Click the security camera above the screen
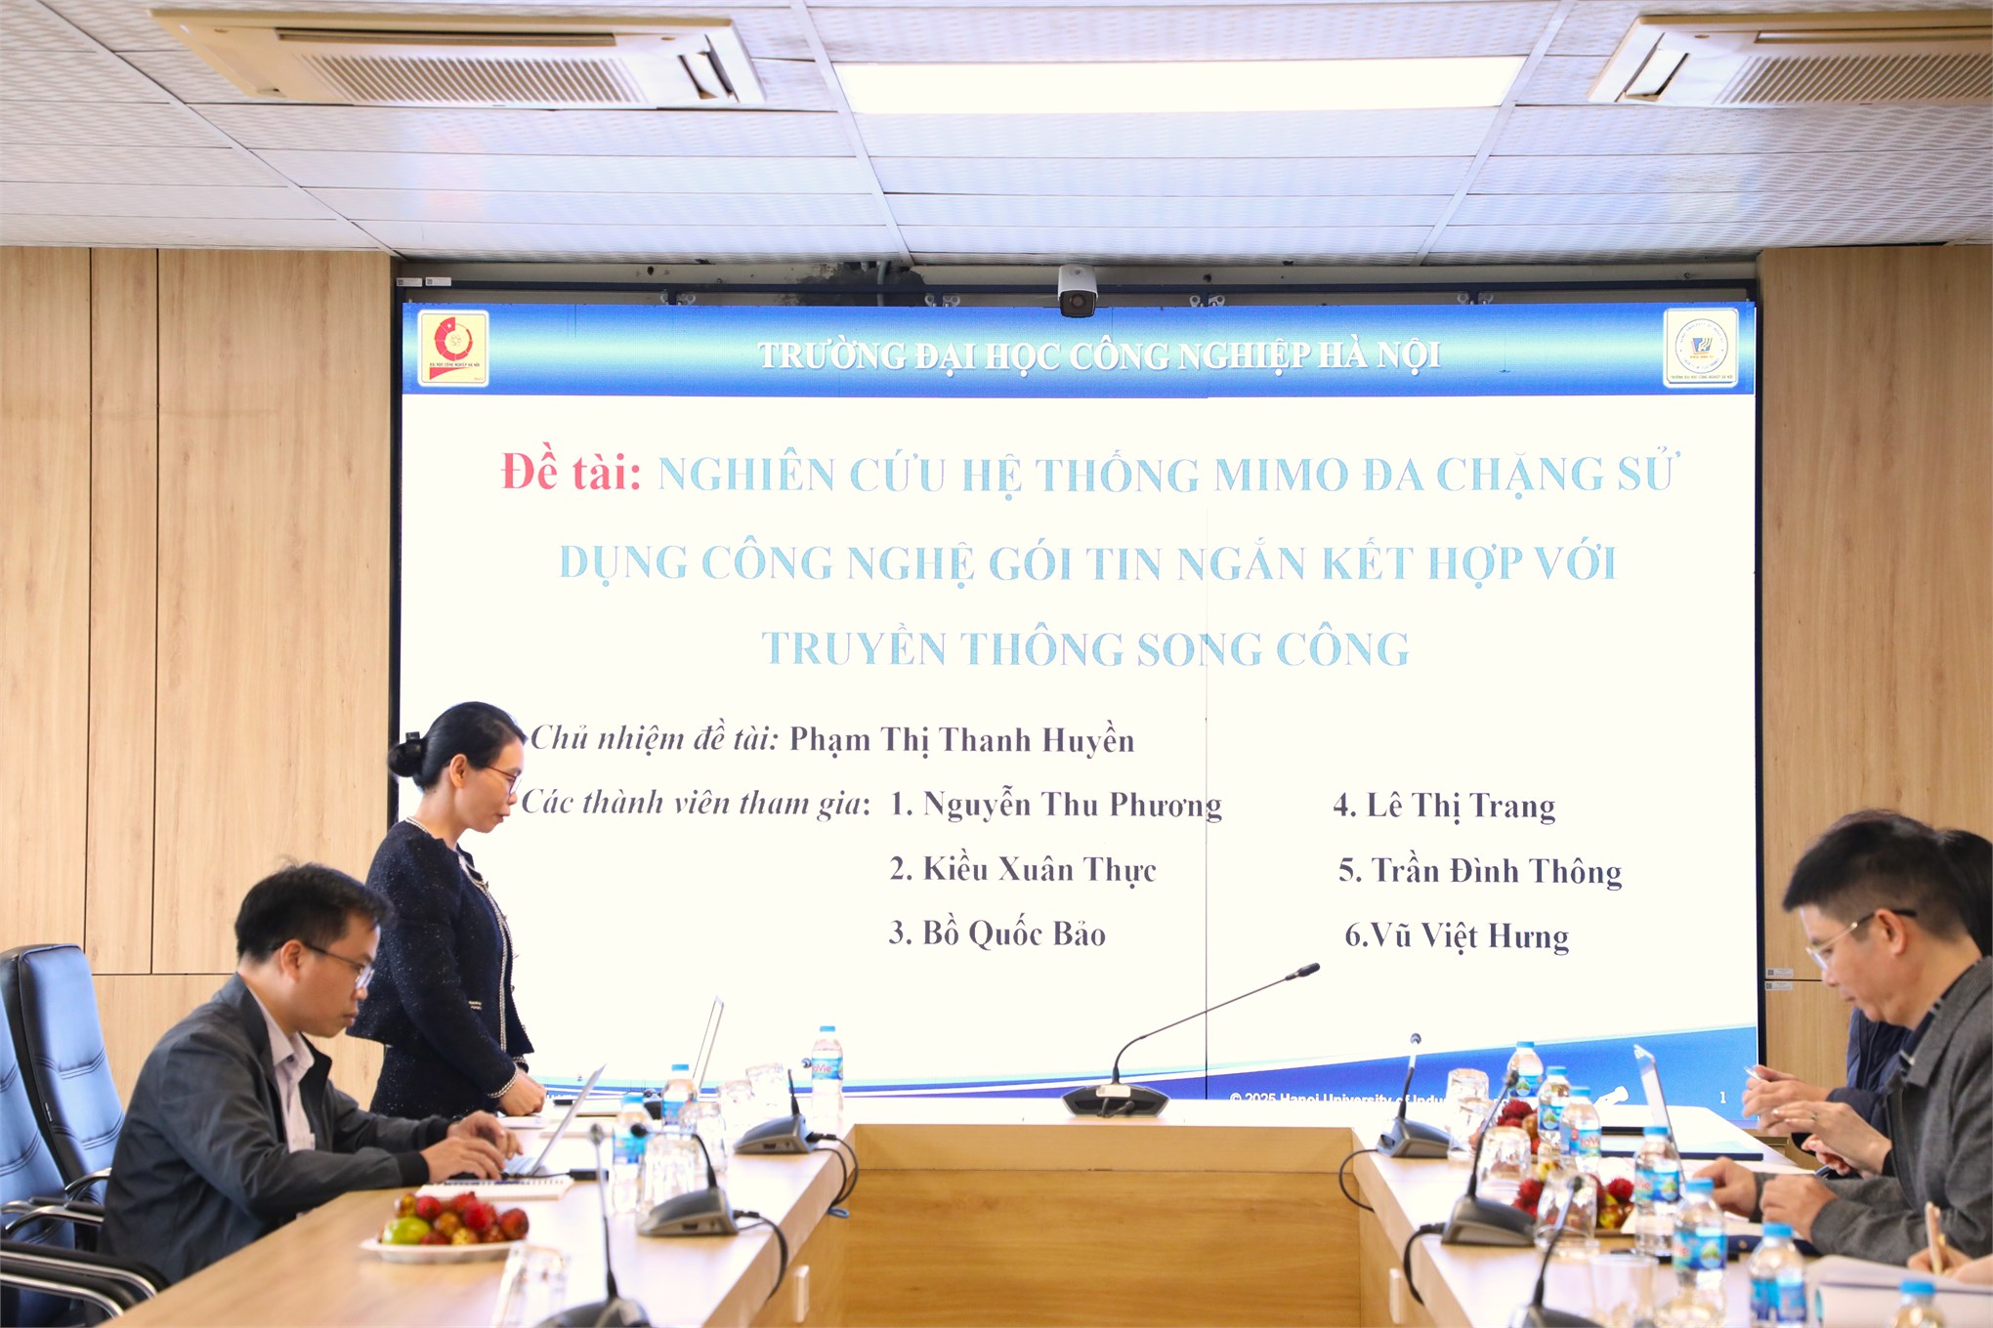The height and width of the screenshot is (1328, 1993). pos(1077,291)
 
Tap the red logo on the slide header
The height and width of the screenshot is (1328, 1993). pos(453,347)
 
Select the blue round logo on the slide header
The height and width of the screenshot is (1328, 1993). pos(1701,347)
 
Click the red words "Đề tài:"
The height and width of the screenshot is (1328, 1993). pos(571,473)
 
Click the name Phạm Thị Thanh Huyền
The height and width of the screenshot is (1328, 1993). pos(961,740)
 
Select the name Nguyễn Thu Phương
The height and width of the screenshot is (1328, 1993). pos(1072,805)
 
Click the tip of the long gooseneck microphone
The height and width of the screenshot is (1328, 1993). pos(1304,971)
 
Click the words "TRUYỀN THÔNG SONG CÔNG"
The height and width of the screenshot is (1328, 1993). pos(1084,649)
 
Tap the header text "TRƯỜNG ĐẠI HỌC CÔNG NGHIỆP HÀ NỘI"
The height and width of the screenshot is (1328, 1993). pos(1098,355)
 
